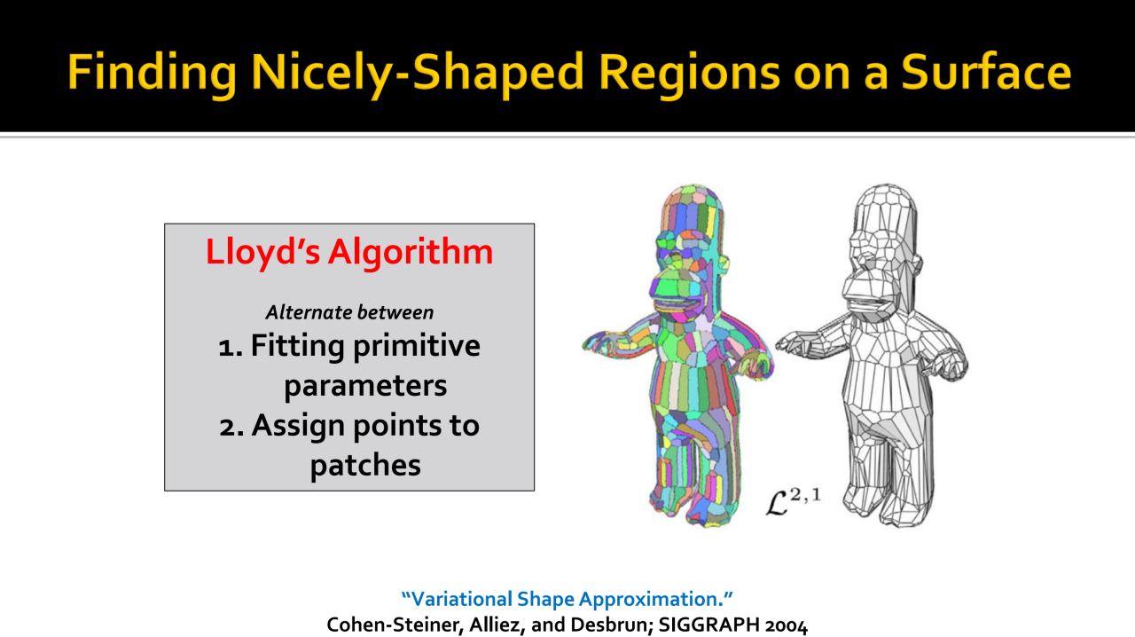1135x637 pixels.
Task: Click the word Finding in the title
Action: [152, 73]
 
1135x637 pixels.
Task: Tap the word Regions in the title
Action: [689, 73]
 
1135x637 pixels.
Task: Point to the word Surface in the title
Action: [986, 72]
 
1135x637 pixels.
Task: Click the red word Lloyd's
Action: [263, 252]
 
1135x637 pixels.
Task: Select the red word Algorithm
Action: [411, 252]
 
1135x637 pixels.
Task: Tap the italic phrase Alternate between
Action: [349, 312]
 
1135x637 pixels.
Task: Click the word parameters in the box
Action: [365, 387]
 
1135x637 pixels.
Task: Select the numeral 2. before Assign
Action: [231, 427]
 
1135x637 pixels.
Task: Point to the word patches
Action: [365, 466]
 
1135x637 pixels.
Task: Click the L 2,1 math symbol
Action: [793, 502]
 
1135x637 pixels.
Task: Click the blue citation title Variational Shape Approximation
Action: [567, 599]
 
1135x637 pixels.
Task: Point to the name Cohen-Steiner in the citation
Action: [395, 625]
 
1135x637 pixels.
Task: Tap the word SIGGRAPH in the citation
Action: [708, 625]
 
